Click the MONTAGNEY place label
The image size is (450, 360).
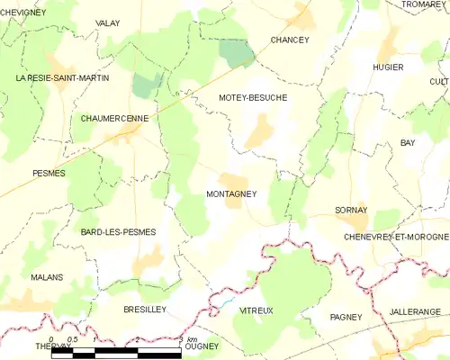point(231,193)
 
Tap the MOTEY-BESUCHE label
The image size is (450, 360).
point(252,97)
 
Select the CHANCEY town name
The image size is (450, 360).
point(290,40)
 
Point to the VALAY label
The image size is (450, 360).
point(108,22)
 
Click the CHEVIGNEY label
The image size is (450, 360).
point(23,11)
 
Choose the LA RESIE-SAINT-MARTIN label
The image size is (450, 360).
point(62,78)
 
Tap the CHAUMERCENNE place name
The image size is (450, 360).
point(115,118)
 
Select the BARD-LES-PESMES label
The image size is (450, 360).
point(118,232)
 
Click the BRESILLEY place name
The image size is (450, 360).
point(144,309)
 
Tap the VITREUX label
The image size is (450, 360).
point(256,310)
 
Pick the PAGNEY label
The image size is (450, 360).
point(346,317)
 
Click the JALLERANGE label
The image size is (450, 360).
point(416,311)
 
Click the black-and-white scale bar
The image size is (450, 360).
point(117,352)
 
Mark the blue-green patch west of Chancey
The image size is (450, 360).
point(236,53)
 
